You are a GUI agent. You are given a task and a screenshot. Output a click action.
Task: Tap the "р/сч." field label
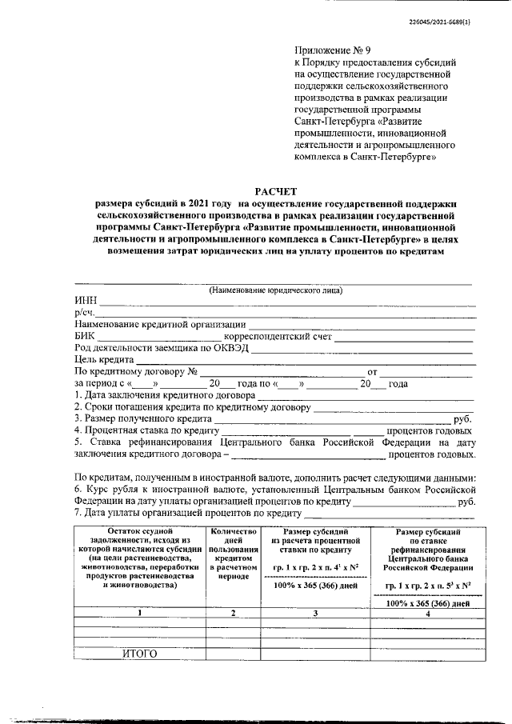[84, 313]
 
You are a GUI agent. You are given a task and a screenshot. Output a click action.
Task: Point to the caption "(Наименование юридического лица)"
[274, 290]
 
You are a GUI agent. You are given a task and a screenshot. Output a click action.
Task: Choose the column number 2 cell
[233, 613]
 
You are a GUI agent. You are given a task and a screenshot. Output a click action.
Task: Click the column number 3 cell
[316, 613]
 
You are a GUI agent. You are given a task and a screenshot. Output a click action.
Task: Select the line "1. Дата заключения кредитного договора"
[164, 395]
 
